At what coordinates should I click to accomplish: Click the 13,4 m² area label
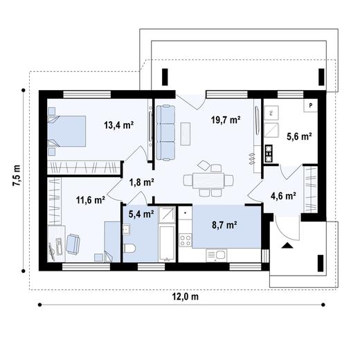pyautogui.click(x=118, y=125)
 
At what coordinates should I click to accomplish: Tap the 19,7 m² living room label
pyautogui.click(x=225, y=120)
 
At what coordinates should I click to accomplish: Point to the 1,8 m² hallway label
pyautogui.click(x=141, y=182)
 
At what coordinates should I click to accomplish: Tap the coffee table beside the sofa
pyautogui.click(x=185, y=133)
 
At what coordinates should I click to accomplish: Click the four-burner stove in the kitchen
pyautogui.click(x=186, y=240)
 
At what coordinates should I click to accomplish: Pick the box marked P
pyautogui.click(x=312, y=105)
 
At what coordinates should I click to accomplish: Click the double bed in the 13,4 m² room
pyautogui.click(x=67, y=129)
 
